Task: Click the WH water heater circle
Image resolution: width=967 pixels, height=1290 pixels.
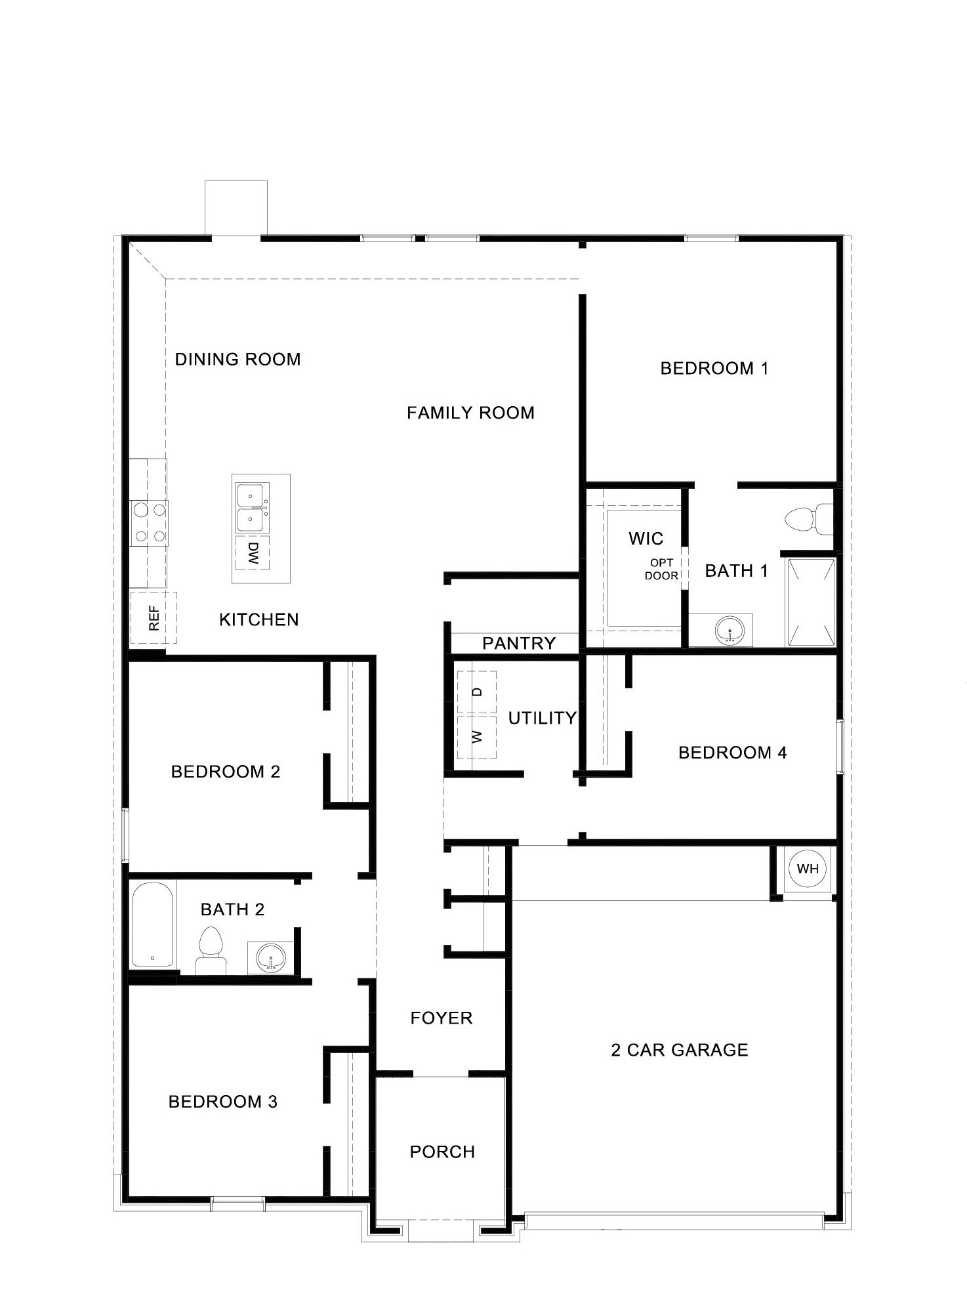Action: [807, 869]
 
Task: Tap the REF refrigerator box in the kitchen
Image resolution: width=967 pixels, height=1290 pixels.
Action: [154, 618]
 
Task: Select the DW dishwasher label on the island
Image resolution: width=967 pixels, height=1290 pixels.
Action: [253, 552]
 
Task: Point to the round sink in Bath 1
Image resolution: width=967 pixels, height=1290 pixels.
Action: [730, 631]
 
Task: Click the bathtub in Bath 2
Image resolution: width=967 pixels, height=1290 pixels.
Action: [152, 925]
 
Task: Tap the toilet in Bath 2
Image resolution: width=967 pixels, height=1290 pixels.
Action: [211, 949]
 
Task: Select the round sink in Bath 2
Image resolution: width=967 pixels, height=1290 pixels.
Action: [270, 959]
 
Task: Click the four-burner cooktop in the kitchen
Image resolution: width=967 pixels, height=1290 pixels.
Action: [149, 522]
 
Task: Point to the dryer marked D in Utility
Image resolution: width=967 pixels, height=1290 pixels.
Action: [477, 692]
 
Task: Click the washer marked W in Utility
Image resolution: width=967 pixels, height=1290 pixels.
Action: [477, 736]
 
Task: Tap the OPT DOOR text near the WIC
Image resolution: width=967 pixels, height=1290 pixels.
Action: [661, 570]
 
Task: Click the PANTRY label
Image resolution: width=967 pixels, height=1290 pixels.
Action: [518, 643]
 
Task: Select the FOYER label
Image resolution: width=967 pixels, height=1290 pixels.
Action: [441, 1018]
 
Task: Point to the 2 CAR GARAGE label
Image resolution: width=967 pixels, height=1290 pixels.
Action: [679, 1050]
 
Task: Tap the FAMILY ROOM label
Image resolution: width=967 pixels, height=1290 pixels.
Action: [470, 413]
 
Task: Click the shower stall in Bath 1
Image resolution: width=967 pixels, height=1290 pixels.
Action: [811, 602]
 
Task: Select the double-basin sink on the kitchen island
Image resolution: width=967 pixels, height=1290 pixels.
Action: [252, 509]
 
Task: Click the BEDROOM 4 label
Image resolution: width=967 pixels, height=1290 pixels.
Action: [732, 753]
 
